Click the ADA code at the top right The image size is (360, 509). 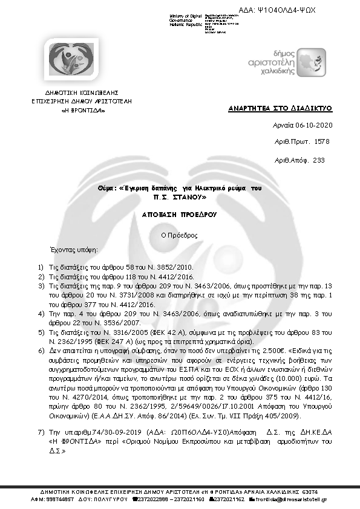pyautogui.click(x=286, y=11)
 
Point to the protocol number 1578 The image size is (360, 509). pyautogui.click(x=323, y=141)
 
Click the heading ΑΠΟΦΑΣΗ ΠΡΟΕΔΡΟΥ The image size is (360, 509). pyautogui.click(x=180, y=215)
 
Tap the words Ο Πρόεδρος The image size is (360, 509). pyautogui.click(x=179, y=235)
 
